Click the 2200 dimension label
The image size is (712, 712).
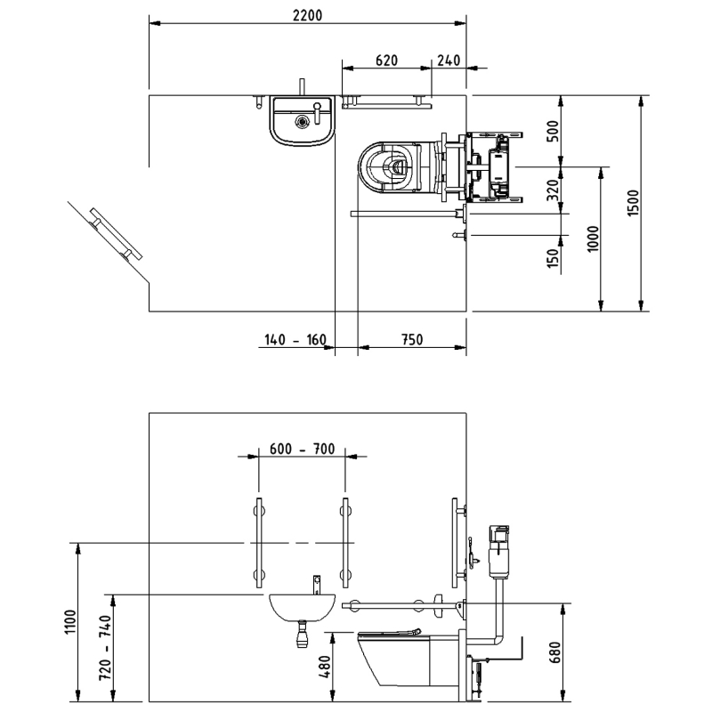tap(307, 15)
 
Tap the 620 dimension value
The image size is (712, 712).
tap(387, 61)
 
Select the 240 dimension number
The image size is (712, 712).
tap(449, 61)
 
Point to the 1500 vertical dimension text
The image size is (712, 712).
tap(632, 203)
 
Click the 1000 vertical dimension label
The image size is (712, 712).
tap(593, 239)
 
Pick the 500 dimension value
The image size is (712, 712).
tap(553, 131)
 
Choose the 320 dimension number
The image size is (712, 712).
tap(553, 190)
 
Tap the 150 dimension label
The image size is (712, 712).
tap(553, 258)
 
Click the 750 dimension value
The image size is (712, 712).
tap(412, 340)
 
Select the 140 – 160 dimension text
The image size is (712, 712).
tap(295, 340)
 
